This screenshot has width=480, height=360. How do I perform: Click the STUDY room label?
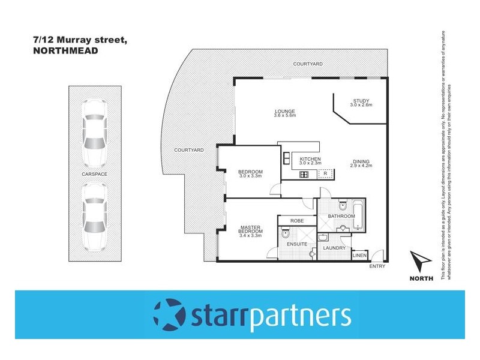[x=361, y=101]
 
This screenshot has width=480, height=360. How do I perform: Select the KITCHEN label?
[x=310, y=159]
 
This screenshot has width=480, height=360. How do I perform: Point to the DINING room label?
[x=361, y=160]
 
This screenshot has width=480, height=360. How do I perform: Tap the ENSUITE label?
[x=297, y=244]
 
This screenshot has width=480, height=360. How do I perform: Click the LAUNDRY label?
[x=332, y=247]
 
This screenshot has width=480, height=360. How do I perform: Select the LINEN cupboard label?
[x=359, y=255]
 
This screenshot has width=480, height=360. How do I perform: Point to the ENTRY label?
[x=377, y=266]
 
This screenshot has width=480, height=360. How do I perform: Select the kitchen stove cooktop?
[x=304, y=175]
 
